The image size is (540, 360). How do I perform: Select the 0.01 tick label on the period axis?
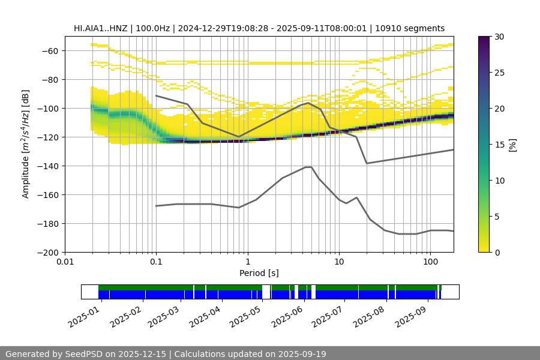point(65,262)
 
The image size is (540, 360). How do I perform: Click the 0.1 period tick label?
point(156,262)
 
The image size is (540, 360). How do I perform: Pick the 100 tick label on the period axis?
point(430,262)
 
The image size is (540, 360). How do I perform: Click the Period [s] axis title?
point(259,273)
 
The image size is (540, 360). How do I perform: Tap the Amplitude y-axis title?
point(26,145)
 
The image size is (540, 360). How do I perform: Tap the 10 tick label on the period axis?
point(339,262)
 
